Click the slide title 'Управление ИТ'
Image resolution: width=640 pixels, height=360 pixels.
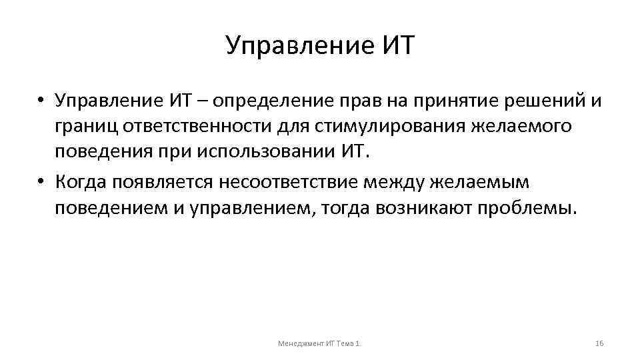(x=320, y=46)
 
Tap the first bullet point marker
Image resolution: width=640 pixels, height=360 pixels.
(x=41, y=102)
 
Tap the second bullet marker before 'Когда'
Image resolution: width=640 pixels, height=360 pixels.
(x=41, y=182)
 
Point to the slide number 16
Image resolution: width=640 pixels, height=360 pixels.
(x=598, y=343)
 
